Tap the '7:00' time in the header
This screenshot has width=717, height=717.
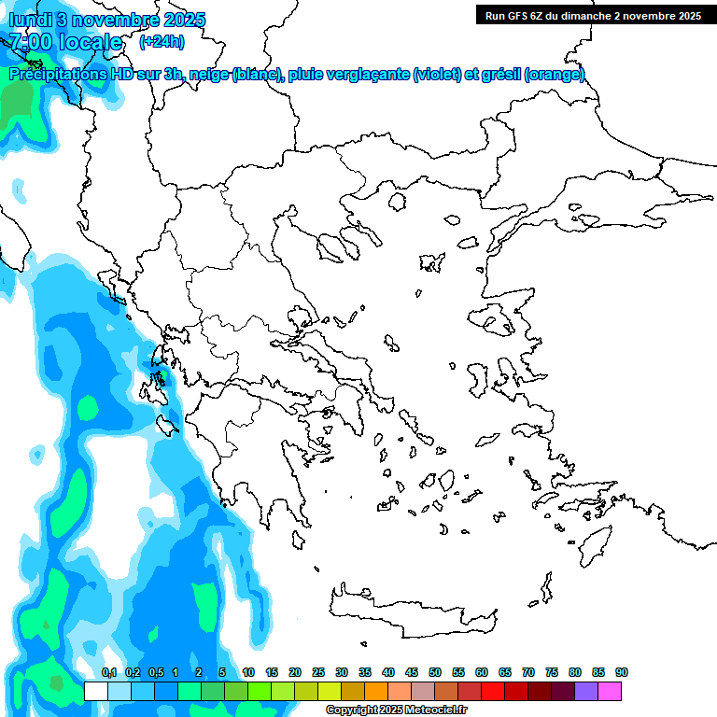point(31,42)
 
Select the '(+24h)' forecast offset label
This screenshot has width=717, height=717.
point(162,42)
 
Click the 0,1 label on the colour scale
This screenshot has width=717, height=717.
point(108,673)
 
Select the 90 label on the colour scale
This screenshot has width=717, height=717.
point(621,673)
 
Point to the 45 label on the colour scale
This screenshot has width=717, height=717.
point(412,673)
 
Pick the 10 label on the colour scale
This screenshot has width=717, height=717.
point(248,673)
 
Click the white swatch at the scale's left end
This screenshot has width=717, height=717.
point(95,691)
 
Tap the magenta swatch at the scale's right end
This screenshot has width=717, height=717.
point(610,691)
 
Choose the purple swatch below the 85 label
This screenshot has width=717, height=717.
point(586,691)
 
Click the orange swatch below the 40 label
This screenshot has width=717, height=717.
point(376,691)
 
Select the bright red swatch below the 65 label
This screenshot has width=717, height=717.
point(493,691)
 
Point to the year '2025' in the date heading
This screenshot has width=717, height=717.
point(182,20)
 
